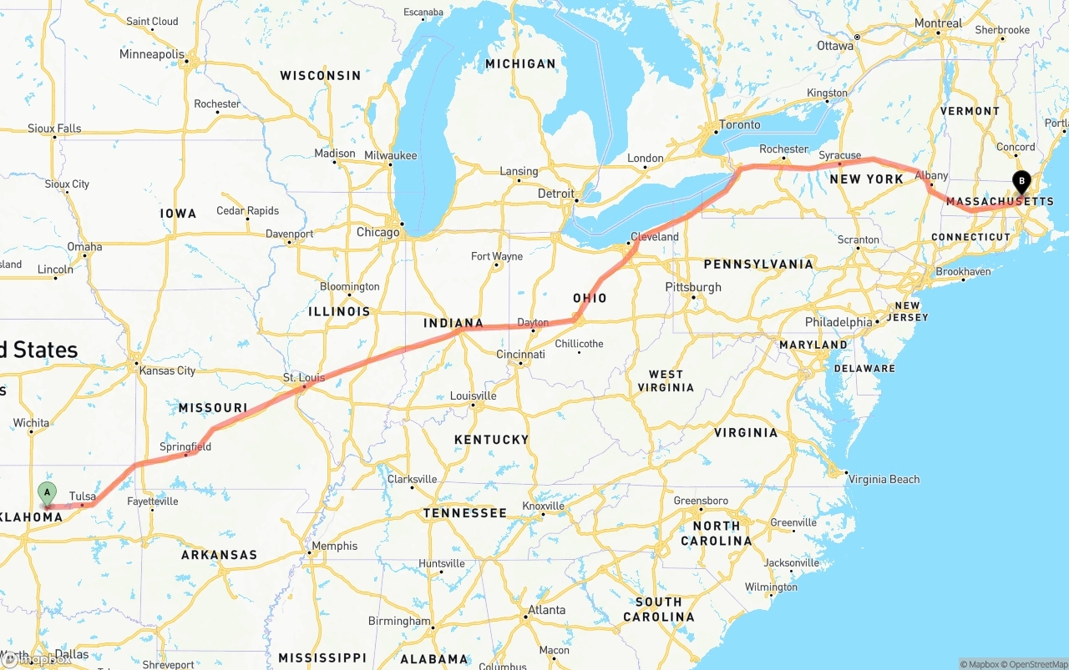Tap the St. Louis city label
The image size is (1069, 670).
point(304,378)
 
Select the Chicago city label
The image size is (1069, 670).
point(377,232)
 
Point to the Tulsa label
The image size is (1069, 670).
point(83,496)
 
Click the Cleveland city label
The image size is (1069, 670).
point(655,237)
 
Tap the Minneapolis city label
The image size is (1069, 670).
point(151,54)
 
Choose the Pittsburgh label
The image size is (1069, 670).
point(693,287)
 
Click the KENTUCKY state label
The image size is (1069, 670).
point(491,440)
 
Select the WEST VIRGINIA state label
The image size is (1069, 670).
point(666,380)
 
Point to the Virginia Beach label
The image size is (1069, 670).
point(885,479)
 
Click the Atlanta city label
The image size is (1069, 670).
point(546,610)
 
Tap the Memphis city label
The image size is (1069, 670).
point(334,547)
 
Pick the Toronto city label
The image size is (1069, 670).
point(739,125)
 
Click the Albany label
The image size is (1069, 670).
point(931,175)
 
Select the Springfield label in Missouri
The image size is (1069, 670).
point(185,447)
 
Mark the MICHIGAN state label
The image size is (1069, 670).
point(520,63)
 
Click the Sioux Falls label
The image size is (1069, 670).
point(54,128)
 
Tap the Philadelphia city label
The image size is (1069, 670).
point(838,322)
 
